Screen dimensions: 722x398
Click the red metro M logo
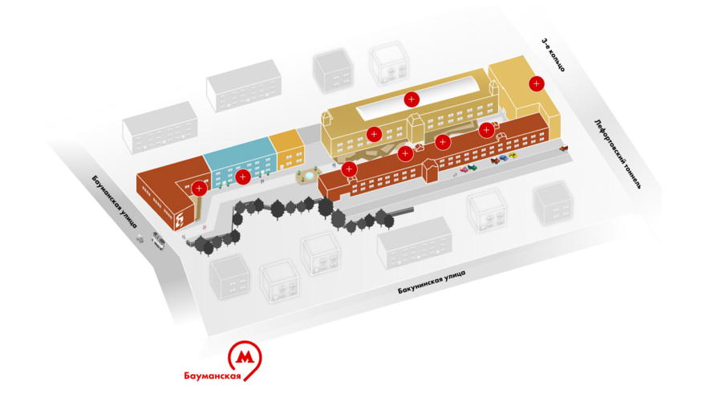245,357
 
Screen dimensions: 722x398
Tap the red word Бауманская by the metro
213,376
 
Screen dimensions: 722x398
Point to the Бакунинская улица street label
432,282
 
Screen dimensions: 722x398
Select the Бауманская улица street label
115,201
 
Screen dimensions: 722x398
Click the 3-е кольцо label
553,55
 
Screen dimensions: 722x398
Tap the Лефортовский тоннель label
618,154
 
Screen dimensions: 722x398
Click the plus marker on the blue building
242,177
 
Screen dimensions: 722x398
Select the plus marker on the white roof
412,99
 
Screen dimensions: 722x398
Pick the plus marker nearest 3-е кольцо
537,83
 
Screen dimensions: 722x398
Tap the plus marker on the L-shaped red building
199,189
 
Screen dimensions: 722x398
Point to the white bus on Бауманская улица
158,240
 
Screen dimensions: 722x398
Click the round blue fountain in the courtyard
308,177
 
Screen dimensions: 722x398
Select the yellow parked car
512,156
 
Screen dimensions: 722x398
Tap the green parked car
473,167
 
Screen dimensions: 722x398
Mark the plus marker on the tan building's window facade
374,134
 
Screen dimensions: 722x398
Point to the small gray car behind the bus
140,238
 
